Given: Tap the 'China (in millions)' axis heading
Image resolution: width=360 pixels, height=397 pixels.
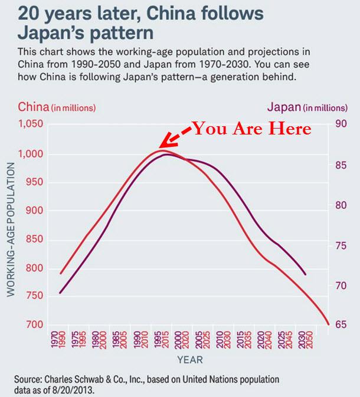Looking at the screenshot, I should pyautogui.click(x=57, y=107).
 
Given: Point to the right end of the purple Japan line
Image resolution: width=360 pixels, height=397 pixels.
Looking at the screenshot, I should pyautogui.click(x=305, y=274).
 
